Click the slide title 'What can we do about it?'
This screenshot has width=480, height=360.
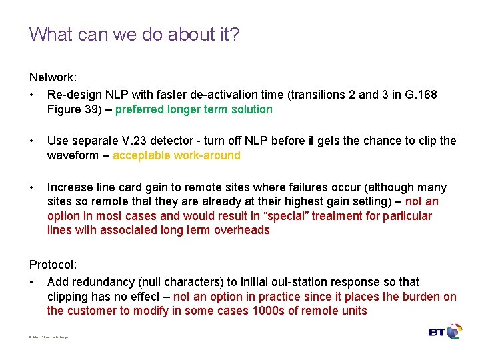tap(134, 34)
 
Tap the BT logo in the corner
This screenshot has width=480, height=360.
tap(445, 331)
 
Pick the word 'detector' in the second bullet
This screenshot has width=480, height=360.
tap(182, 141)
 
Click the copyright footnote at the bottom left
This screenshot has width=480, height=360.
tap(49, 337)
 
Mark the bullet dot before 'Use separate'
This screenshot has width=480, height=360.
tap(32, 141)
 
